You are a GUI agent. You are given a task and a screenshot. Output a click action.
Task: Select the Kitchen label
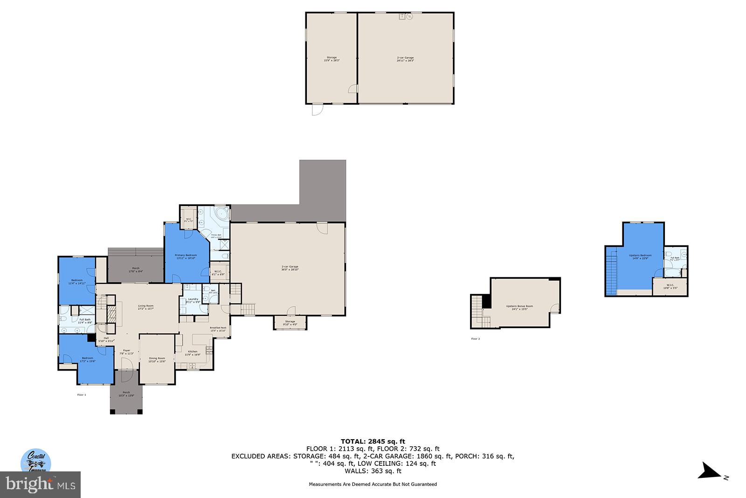tap(193, 352)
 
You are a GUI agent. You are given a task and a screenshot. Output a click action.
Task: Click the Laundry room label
tap(193, 300)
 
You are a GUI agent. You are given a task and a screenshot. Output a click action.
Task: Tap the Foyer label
tap(126, 351)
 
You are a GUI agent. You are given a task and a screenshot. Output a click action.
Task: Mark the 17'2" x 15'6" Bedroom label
tap(88, 359)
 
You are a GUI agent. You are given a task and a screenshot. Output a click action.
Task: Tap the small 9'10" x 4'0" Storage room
tap(290, 323)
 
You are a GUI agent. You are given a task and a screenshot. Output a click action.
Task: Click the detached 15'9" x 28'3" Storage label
tap(331, 59)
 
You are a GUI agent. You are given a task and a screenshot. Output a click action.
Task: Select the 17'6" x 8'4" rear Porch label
tap(136, 269)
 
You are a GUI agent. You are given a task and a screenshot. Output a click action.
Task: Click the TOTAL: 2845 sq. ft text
tap(373, 441)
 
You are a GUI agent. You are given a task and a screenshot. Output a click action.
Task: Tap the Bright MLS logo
tap(41, 484)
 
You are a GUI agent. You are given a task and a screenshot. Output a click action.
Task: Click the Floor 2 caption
tap(475, 339)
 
